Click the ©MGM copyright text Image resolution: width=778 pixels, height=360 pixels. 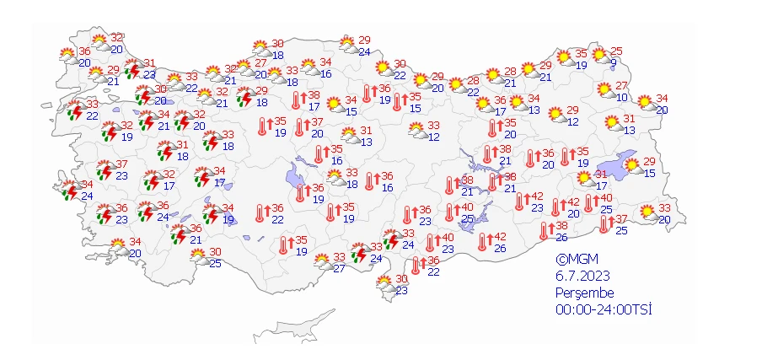pyautogui.click(x=576, y=260)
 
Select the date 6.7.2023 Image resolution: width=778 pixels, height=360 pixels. pyautogui.click(x=582, y=276)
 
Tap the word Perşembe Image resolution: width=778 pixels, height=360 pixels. pyautogui.click(x=584, y=293)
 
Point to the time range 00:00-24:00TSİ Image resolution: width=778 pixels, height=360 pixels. pyautogui.click(x=604, y=309)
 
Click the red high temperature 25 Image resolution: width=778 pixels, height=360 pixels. pyautogui.click(x=616, y=51)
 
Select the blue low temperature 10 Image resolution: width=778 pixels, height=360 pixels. pyautogui.click(x=621, y=97)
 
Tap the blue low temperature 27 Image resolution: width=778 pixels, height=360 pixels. pyautogui.click(x=340, y=269)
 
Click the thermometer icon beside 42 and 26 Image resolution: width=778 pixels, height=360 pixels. pyautogui.click(x=483, y=243)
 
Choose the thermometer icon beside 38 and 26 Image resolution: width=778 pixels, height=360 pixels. pyautogui.click(x=545, y=230)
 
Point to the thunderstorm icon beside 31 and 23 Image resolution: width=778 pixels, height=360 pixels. pyautogui.click(x=131, y=68)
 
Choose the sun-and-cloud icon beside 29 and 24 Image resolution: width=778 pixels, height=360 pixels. pyautogui.click(x=346, y=45)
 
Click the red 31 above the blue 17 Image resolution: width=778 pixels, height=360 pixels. pyautogui.click(x=601, y=175)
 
